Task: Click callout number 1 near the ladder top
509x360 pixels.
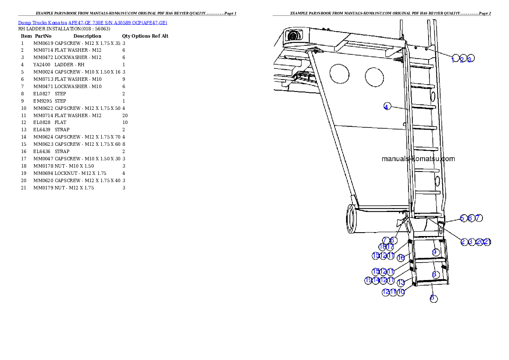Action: (x=454, y=59)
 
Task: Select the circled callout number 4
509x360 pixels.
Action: (x=387, y=106)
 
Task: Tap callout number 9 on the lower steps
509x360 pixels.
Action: (x=435, y=252)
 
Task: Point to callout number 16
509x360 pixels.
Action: (x=401, y=257)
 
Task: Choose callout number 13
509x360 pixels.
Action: (x=401, y=282)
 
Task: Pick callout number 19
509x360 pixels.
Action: (x=368, y=280)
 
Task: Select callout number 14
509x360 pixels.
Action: (x=376, y=280)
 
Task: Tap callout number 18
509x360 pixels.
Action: (x=382, y=247)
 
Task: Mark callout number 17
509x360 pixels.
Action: (x=390, y=247)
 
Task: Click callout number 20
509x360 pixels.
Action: (x=479, y=242)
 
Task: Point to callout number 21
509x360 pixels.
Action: (x=487, y=242)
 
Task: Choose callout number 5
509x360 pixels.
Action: (x=462, y=218)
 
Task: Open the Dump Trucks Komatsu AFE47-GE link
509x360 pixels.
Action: (x=92, y=23)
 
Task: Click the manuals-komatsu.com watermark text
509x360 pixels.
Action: (x=418, y=159)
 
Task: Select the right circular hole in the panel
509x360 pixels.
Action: (x=374, y=77)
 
